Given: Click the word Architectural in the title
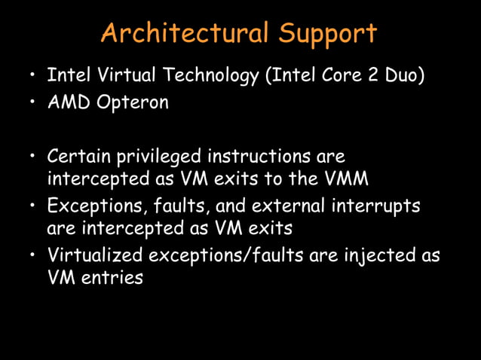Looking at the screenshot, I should pyautogui.click(x=184, y=33).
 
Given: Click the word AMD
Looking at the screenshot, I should pyautogui.click(x=69, y=103).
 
